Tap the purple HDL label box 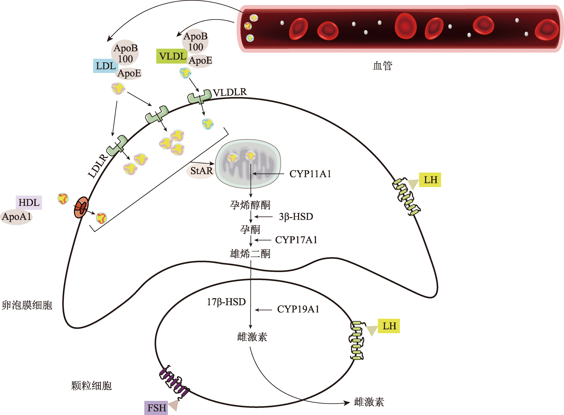[29, 203]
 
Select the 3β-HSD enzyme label [296, 216]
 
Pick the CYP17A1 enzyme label [296, 240]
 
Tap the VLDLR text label [230, 92]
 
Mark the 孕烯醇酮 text [250, 205]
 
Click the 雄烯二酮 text [250, 254]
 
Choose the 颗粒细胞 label [91, 386]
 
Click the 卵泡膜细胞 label [27, 305]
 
